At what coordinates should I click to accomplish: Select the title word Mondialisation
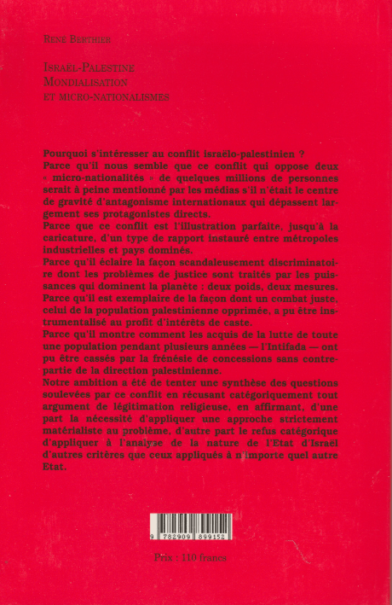coord(84,82)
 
